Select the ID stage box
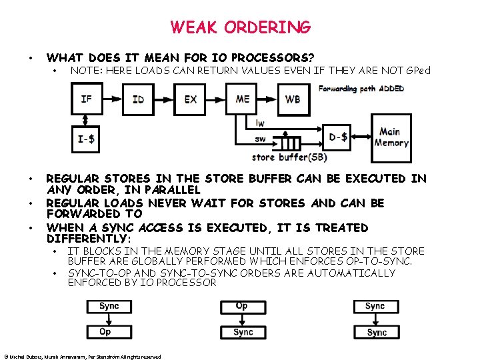(138, 99)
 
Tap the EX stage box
(191, 99)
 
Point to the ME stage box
(243, 99)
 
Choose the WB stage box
(293, 99)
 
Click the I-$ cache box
(87, 139)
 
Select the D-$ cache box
(338, 138)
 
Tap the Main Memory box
(391, 137)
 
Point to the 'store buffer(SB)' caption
(289, 158)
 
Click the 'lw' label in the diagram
(260, 123)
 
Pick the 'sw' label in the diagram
(260, 139)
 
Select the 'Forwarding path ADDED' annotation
(361, 89)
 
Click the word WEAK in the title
(193, 27)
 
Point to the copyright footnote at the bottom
(83, 357)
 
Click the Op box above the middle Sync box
(243, 307)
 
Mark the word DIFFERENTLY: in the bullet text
(89, 239)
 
